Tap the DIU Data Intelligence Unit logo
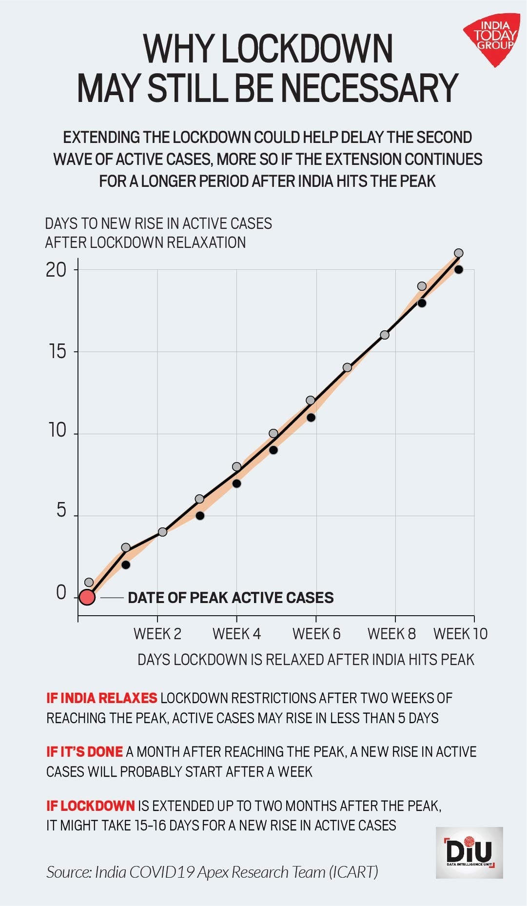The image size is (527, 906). [x=469, y=852]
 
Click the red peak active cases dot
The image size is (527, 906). [x=87, y=597]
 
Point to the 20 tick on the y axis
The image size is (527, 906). [x=56, y=269]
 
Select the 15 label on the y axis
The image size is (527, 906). [x=57, y=351]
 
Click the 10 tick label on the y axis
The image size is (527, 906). [x=57, y=430]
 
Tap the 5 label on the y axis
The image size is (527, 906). [x=61, y=510]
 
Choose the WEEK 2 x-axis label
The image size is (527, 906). [x=157, y=634]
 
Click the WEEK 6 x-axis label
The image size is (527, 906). [x=316, y=634]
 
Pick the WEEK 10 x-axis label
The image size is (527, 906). [x=460, y=634]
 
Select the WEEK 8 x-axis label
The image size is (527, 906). [x=391, y=634]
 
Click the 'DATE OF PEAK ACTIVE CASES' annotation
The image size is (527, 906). [x=231, y=598]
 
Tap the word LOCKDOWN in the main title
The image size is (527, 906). [x=307, y=49]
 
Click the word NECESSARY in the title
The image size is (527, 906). [x=370, y=88]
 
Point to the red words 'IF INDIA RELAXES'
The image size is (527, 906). [x=101, y=698]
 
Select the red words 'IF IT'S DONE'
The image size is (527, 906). [x=84, y=751]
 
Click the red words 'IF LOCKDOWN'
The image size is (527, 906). [x=90, y=805]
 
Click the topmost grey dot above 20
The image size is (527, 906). [x=458, y=253]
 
